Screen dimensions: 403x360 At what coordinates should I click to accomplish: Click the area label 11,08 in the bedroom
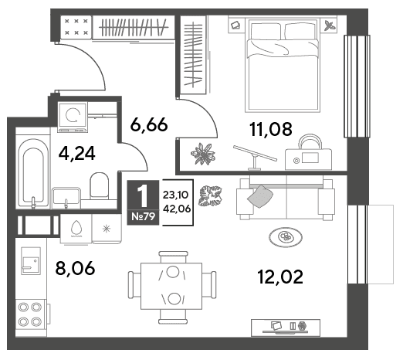(x=271, y=129)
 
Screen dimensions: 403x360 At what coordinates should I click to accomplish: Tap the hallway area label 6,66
(x=149, y=125)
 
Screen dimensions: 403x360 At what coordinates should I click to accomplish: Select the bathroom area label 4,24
(x=77, y=154)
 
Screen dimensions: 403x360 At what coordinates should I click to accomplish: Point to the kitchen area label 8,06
(x=75, y=268)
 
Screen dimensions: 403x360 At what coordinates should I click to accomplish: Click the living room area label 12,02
(x=280, y=277)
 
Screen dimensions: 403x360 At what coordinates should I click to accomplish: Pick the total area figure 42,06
(x=177, y=209)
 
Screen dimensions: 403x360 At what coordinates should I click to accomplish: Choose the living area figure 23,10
(x=176, y=195)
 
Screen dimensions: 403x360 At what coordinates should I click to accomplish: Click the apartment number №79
(x=143, y=216)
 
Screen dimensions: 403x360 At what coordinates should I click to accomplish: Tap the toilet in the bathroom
(x=100, y=186)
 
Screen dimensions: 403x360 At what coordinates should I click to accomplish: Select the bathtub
(x=32, y=173)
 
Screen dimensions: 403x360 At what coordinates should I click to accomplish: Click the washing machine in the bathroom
(x=73, y=117)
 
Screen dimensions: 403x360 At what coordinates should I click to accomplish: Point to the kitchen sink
(x=31, y=261)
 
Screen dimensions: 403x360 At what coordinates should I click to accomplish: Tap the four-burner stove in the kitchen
(x=30, y=314)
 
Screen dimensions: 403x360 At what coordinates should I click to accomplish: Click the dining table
(x=171, y=286)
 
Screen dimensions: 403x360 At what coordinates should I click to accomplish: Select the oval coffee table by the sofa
(x=286, y=237)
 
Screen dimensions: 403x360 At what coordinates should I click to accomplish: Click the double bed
(x=283, y=65)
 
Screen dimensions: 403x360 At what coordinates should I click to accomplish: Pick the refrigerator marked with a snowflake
(x=107, y=229)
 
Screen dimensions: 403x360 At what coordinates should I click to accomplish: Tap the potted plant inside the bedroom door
(x=203, y=155)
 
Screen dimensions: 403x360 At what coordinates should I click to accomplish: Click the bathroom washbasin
(x=66, y=198)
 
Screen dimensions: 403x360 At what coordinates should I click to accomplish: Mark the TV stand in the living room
(x=286, y=328)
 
